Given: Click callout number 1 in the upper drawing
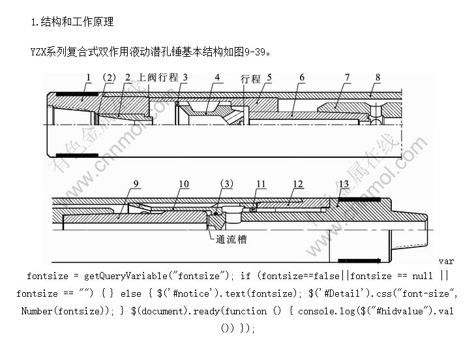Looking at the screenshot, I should (88, 78).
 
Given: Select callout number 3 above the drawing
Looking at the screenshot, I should (185, 78).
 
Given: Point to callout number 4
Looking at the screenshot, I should (218, 78).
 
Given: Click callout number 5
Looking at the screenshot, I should (269, 78).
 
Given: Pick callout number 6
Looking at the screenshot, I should (302, 78).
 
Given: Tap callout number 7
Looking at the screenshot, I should (348, 78).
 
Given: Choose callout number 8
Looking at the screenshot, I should (378, 78).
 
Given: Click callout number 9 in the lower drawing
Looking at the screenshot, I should (136, 184).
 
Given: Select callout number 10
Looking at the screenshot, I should (184, 184).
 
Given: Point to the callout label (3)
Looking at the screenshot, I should (226, 184).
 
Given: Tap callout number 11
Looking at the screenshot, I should (261, 184).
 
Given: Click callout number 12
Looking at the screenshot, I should (298, 184).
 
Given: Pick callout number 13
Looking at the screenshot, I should (345, 184).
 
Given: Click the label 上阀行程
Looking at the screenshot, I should (158, 78).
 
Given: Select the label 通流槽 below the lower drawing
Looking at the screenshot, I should (232, 239).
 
